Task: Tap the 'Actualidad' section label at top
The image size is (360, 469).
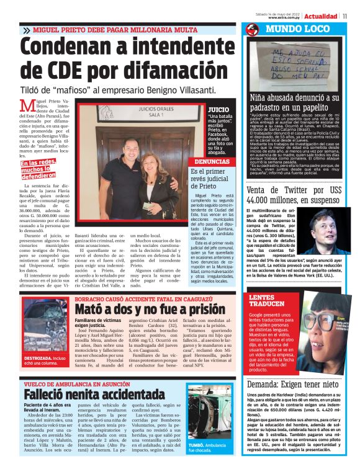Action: (x=321, y=16)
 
